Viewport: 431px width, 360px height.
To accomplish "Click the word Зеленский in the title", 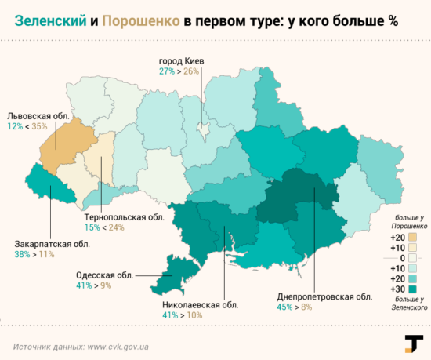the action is pyautogui.click(x=50, y=21).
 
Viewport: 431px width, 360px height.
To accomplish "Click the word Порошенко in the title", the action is pyautogui.click(x=141, y=21).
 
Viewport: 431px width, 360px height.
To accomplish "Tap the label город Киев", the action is pyautogui.click(x=182, y=60).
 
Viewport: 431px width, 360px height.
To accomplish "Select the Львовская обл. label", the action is pyautogui.click(x=38, y=116).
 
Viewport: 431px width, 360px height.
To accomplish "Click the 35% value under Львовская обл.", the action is pyautogui.click(x=39, y=126).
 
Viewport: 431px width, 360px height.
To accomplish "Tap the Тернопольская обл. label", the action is pyautogui.click(x=125, y=217).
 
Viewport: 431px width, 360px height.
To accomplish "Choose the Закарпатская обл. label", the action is pyautogui.click(x=53, y=244).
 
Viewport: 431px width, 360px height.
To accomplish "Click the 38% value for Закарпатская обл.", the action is pyautogui.click(x=22, y=254).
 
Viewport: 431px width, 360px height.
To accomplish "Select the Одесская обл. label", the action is pyautogui.click(x=104, y=275).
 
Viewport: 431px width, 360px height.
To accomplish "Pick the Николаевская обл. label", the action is pyautogui.click(x=201, y=305).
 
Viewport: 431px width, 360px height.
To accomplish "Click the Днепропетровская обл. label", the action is pyautogui.click(x=324, y=296).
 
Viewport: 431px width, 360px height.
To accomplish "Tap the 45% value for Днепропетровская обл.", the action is pyautogui.click(x=284, y=307).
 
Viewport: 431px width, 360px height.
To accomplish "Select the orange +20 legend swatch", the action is pyautogui.click(x=412, y=237).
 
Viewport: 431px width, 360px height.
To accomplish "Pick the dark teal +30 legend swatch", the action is pyautogui.click(x=412, y=289).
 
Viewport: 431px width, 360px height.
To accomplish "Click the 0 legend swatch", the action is pyautogui.click(x=412, y=258).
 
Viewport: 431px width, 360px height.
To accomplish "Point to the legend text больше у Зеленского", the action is pyautogui.click(x=410, y=304).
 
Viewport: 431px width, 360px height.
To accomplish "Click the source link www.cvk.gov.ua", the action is pyautogui.click(x=118, y=347).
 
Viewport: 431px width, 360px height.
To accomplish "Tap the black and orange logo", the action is pyautogui.click(x=414, y=344).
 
